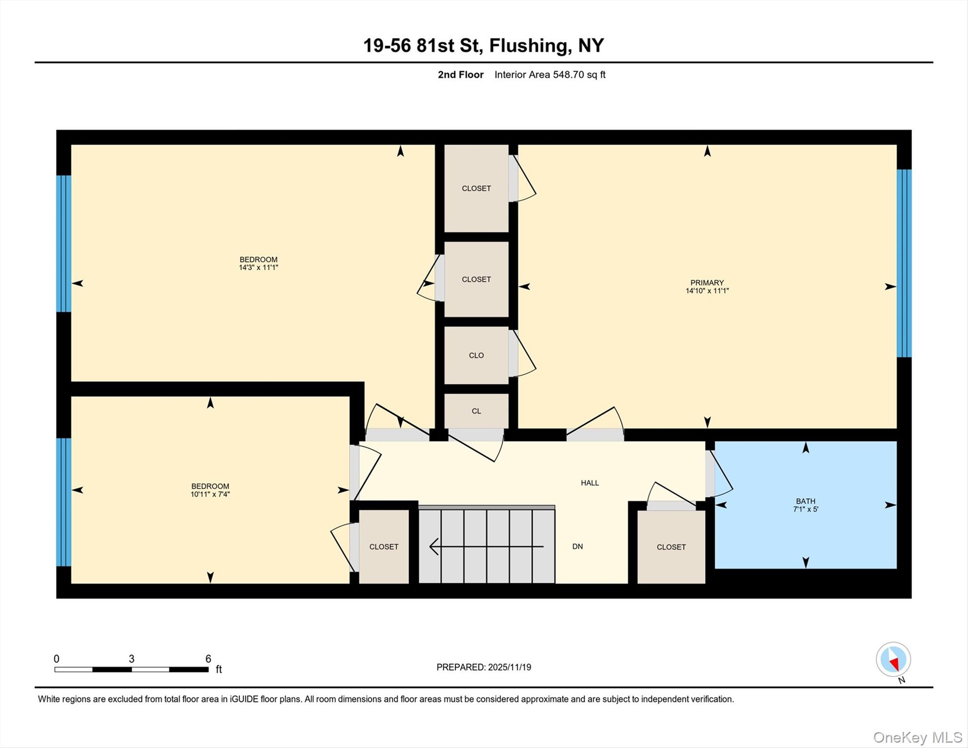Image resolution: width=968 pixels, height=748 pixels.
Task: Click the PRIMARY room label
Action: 707,282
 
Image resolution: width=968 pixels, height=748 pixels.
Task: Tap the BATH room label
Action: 805,501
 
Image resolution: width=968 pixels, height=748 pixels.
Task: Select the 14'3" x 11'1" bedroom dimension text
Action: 258,267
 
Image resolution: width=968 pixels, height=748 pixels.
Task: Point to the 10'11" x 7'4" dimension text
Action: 210,494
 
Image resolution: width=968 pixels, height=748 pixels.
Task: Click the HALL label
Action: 589,483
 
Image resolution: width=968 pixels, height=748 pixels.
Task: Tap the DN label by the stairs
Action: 577,546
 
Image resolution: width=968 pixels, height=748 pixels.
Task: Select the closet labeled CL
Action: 476,411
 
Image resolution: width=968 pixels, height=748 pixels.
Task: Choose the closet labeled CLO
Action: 476,355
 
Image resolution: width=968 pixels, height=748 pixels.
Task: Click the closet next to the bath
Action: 671,547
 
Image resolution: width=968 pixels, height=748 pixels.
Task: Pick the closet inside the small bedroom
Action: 384,546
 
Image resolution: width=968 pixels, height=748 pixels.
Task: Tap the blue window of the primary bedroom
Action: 904,263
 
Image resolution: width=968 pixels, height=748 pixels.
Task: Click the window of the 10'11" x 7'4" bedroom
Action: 64,502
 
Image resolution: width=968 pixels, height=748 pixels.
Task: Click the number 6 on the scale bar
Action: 208,658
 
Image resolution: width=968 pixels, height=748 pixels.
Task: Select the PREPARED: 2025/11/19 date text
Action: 484,667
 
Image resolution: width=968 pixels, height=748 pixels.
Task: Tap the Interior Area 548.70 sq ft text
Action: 550,75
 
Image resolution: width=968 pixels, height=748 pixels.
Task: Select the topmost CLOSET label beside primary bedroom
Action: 476,188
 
